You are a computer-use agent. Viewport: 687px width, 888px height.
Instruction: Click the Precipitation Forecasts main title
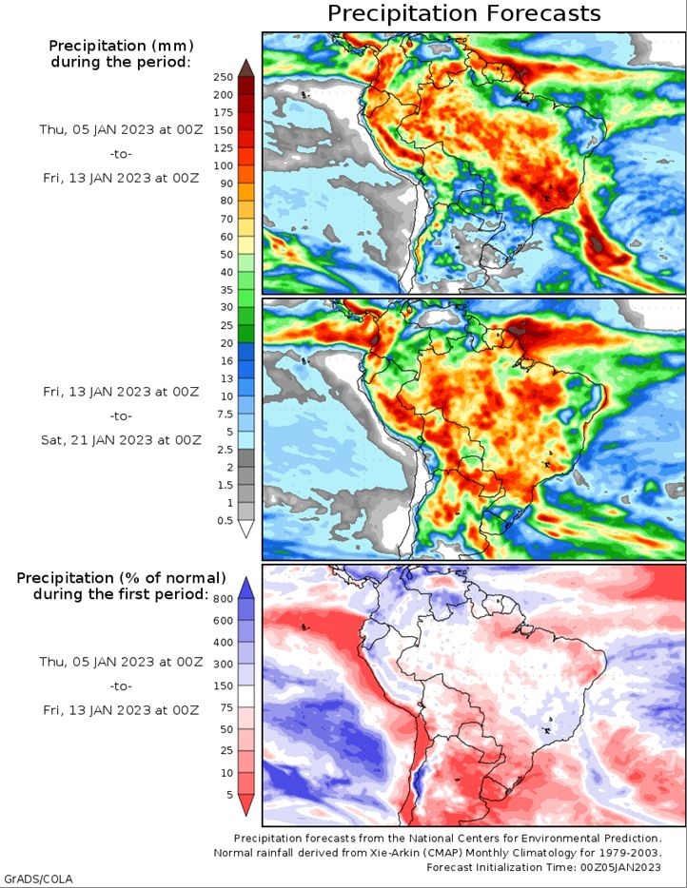(464, 13)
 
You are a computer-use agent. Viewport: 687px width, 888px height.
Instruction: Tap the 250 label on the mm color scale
(224, 77)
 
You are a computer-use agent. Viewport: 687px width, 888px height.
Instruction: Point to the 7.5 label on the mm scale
(225, 414)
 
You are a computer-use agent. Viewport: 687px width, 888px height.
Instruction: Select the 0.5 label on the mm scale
(225, 520)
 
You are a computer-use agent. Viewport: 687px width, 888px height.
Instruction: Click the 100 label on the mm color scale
(224, 165)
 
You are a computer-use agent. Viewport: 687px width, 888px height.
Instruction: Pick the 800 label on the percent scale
(224, 599)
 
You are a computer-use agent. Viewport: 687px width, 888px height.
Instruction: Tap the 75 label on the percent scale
(226, 707)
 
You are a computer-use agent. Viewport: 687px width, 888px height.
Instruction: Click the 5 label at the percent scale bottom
(229, 795)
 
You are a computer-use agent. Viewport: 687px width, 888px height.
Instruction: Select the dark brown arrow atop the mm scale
(246, 68)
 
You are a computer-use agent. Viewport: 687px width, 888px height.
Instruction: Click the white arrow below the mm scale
(246, 529)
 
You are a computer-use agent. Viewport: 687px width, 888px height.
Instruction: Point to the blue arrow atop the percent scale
(246, 588)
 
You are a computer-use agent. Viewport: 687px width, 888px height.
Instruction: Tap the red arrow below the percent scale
(246, 804)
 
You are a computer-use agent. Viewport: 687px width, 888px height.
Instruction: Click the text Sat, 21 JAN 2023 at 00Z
(121, 440)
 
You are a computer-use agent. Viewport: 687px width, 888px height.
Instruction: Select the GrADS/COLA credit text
(39, 878)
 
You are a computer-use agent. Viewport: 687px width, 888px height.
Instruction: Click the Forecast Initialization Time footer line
(543, 867)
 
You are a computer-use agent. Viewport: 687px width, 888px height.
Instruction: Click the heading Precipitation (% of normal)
(121, 578)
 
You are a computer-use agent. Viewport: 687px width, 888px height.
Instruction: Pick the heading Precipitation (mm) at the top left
(121, 46)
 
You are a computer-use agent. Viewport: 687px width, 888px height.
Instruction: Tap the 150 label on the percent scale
(224, 685)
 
